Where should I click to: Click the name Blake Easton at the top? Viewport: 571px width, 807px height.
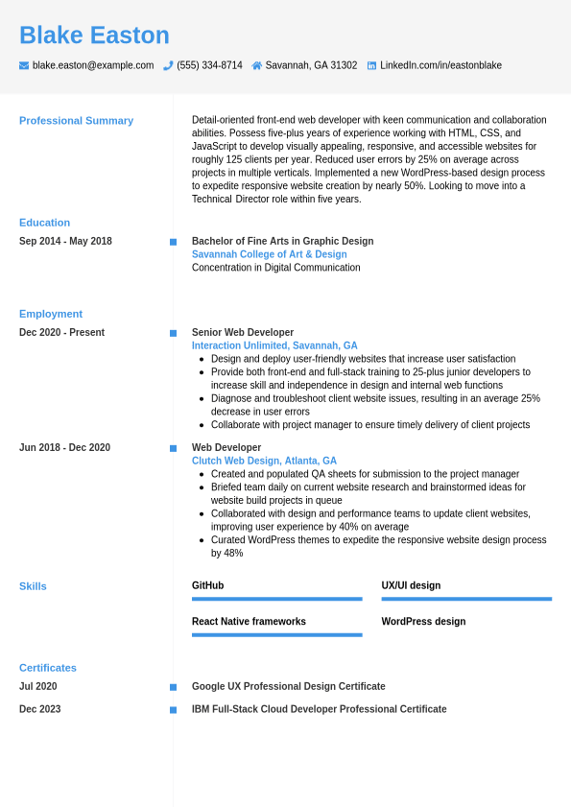(x=94, y=36)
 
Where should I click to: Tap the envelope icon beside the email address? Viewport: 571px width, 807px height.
(x=24, y=65)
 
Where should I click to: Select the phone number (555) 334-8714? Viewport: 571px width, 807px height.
(x=209, y=65)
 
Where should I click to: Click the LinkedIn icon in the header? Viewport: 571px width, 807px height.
(x=371, y=65)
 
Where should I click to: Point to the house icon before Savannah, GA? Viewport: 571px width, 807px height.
(x=256, y=65)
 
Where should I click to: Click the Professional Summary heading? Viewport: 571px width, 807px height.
(x=76, y=121)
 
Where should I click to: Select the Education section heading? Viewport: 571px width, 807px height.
(x=44, y=223)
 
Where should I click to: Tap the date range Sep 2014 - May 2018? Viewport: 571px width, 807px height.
(x=65, y=241)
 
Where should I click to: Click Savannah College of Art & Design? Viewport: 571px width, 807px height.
(x=269, y=254)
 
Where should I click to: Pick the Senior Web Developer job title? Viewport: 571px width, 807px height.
(x=243, y=332)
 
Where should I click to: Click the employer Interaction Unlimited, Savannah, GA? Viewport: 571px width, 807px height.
(x=274, y=345)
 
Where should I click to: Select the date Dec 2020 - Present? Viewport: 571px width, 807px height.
(x=61, y=332)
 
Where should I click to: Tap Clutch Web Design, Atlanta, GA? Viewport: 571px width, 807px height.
(x=264, y=461)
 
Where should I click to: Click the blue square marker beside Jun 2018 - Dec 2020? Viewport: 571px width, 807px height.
(x=173, y=448)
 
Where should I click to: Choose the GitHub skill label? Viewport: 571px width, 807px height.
(x=207, y=585)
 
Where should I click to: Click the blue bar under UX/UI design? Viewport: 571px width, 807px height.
(x=466, y=599)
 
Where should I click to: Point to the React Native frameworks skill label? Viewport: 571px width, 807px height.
(x=249, y=622)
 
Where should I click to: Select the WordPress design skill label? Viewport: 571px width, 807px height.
(x=423, y=622)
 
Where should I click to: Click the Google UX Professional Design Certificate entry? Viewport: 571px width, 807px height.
(x=288, y=686)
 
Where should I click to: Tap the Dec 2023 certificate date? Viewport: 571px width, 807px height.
(x=39, y=709)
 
